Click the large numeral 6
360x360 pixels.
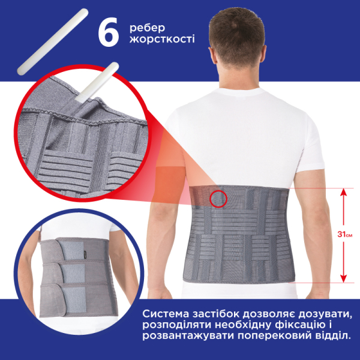coord(108,32)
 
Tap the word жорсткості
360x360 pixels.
coord(162,39)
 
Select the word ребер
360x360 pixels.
coord(147,28)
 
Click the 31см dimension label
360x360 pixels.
coord(344,235)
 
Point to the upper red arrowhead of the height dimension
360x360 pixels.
coord(343,192)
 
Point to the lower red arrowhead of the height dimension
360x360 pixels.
coord(343,279)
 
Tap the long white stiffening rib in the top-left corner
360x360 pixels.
coord(53,42)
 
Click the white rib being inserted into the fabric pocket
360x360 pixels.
coord(97,82)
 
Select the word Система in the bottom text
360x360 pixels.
coord(166,314)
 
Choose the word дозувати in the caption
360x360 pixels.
coord(325,314)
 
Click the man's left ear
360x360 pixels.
coord(212,55)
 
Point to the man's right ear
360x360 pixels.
coord(263,55)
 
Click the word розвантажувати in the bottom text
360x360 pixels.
coord(188,336)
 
